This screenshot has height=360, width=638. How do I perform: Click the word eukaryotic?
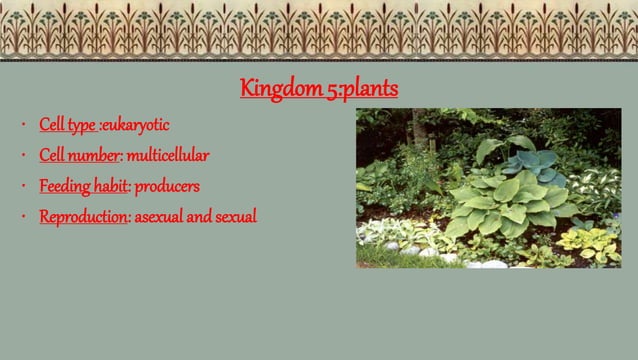coord(136,126)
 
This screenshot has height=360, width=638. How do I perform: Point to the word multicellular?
coord(168,156)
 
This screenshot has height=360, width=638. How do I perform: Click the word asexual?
coord(159,216)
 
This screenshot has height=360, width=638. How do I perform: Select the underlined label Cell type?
coord(68,126)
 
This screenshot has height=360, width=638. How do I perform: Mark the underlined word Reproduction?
coord(84,216)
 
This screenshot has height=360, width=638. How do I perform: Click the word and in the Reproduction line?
coord(200,216)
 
